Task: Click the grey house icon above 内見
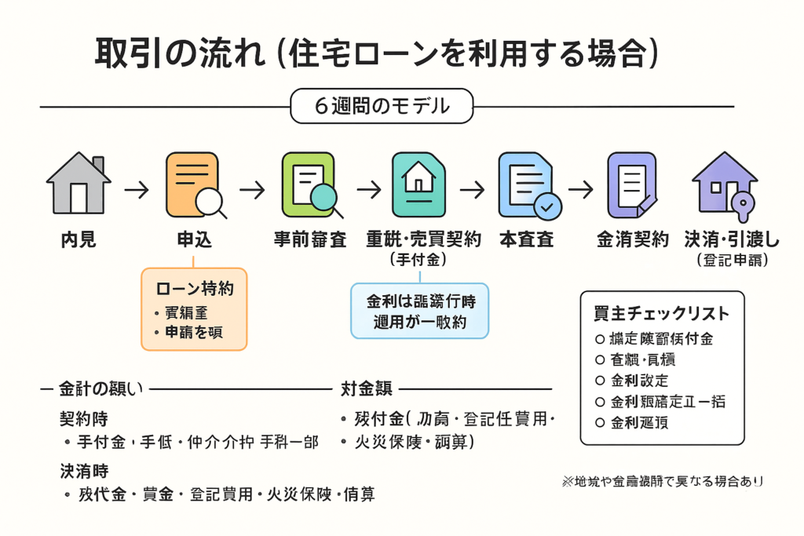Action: [78, 184]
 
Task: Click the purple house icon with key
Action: [724, 184]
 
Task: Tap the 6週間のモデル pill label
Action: [382, 106]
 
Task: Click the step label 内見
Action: [78, 239]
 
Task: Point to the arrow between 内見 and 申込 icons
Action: [137, 190]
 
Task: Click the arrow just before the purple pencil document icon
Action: [580, 190]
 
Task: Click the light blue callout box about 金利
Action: [419, 311]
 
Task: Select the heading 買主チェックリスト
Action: [661, 314]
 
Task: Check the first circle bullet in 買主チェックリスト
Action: [600, 340]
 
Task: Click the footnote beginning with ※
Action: [662, 481]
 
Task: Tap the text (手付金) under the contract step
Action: [423, 259]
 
